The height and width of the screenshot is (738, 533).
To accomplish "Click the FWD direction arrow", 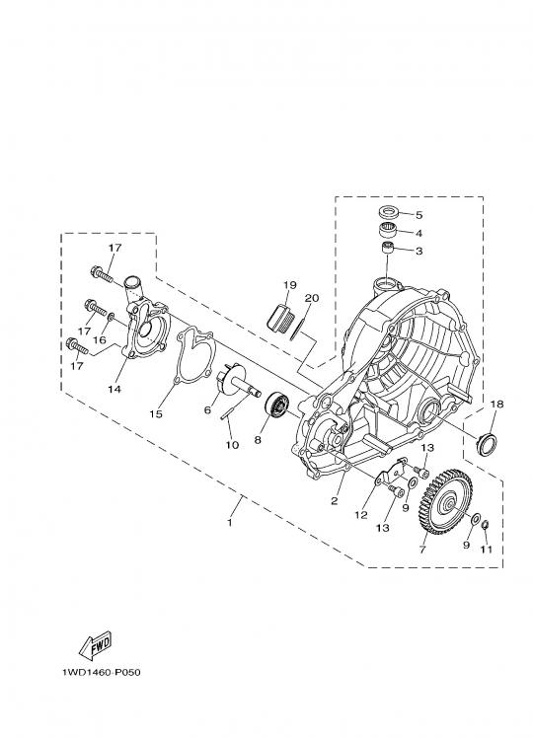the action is coord(96,644).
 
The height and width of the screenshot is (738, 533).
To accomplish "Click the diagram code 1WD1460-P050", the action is coord(102,672).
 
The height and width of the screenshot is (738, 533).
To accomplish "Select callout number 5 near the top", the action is coord(419,215).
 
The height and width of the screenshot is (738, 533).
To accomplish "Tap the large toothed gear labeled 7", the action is coord(444,502).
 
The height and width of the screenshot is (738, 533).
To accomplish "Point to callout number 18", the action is coord(496,404).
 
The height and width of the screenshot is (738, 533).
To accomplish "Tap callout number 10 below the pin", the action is coord(232,445).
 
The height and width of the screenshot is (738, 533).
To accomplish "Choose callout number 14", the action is coord(114,390).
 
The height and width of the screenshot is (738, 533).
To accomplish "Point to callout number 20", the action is coord(312,298).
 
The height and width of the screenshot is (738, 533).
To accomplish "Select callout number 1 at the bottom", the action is coord(230,523).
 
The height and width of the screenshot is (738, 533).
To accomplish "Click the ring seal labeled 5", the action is coord(390,212).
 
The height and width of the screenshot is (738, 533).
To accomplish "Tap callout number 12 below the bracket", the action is coord(361,515).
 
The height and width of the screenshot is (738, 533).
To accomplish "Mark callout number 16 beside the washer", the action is coord(100,339).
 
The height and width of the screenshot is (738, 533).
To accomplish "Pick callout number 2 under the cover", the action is coord(334,501).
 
